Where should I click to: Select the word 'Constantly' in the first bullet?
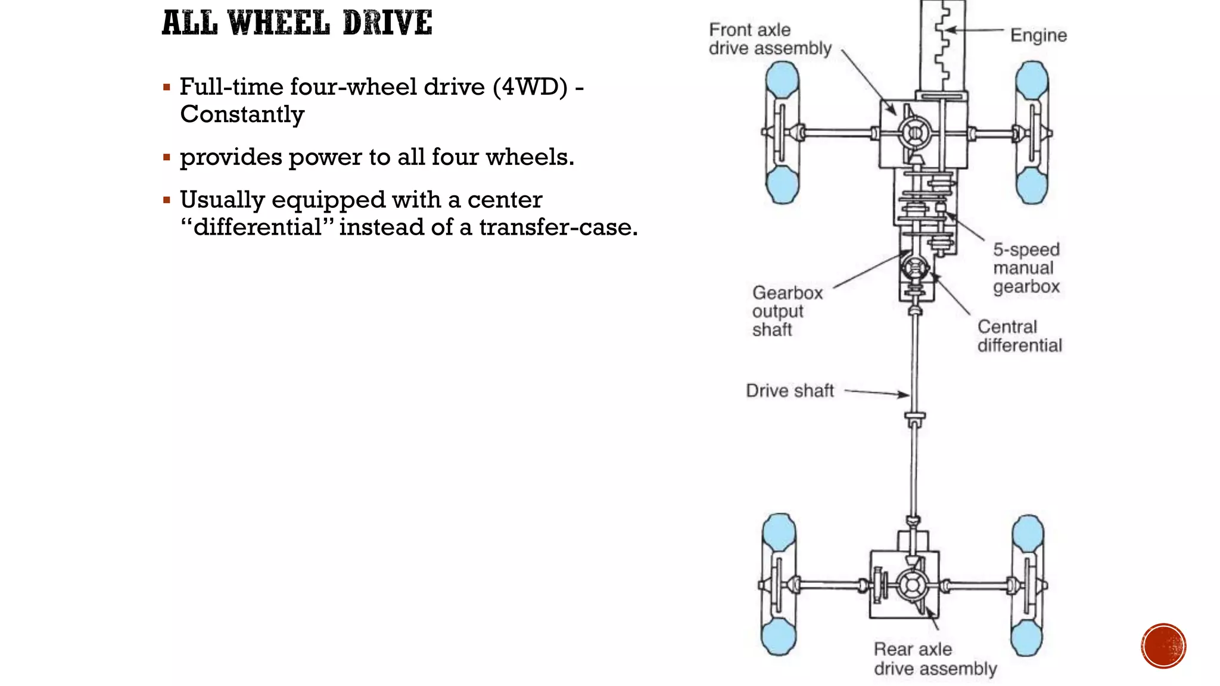click(x=242, y=114)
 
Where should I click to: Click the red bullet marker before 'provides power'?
click(x=167, y=158)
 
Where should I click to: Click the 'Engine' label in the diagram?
click(x=1038, y=35)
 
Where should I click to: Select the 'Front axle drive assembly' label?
click(x=769, y=39)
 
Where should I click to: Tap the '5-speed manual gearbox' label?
click(x=1026, y=268)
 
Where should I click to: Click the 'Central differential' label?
click(x=1019, y=336)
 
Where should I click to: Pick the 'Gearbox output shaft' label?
click(x=786, y=311)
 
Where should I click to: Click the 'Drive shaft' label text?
click(x=790, y=391)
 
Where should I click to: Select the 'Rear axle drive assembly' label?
click(x=935, y=659)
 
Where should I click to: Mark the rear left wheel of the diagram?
click(x=779, y=585)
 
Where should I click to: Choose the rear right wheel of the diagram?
click(x=1028, y=585)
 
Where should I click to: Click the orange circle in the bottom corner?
click(x=1163, y=646)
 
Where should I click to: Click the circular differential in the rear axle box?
click(x=911, y=585)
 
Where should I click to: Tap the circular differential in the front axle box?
click(x=914, y=132)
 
